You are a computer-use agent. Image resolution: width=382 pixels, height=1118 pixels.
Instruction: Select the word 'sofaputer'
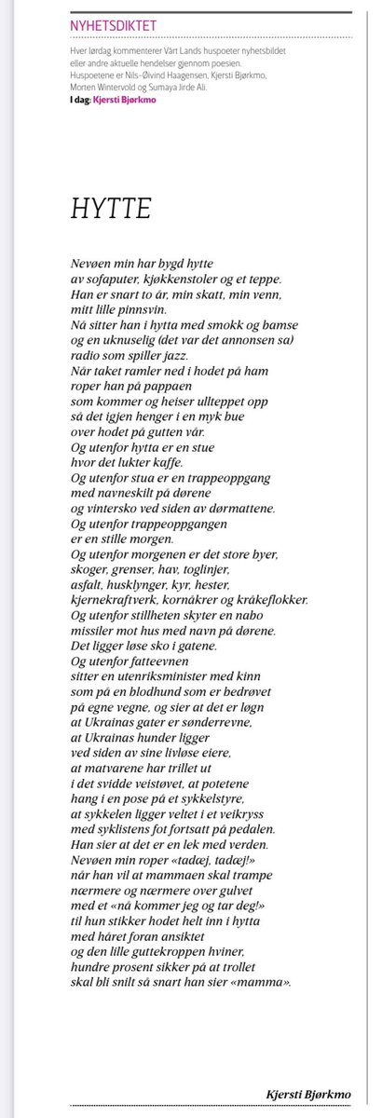point(112,279)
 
